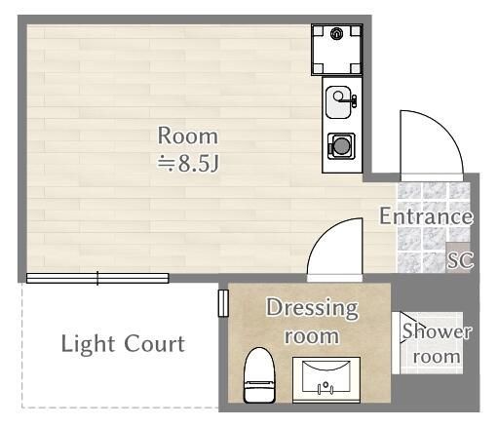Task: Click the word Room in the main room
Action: (188, 136)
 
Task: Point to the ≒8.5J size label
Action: (188, 163)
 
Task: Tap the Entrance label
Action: (426, 216)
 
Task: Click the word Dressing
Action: (313, 309)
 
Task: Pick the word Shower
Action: (437, 331)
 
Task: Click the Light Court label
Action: (123, 344)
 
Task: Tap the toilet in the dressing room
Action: (259, 375)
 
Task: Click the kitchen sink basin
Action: (339, 97)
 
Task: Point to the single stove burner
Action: (341, 146)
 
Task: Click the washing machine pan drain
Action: (337, 34)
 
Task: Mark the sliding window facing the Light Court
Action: (97, 279)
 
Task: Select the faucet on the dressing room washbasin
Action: (326, 389)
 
